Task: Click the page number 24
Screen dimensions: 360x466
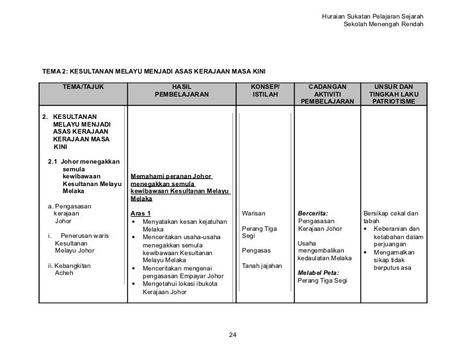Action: pyautogui.click(x=232, y=335)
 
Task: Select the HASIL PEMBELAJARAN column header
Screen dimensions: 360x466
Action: pyautogui.click(x=182, y=93)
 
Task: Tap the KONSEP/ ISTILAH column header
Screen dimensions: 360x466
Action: pyautogui.click(x=265, y=93)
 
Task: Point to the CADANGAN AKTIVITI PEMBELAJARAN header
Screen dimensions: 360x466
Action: pyautogui.click(x=326, y=93)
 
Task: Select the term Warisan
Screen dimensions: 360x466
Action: pyautogui.click(x=253, y=213)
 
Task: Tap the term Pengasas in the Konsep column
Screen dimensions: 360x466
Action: pyautogui.click(x=255, y=251)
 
